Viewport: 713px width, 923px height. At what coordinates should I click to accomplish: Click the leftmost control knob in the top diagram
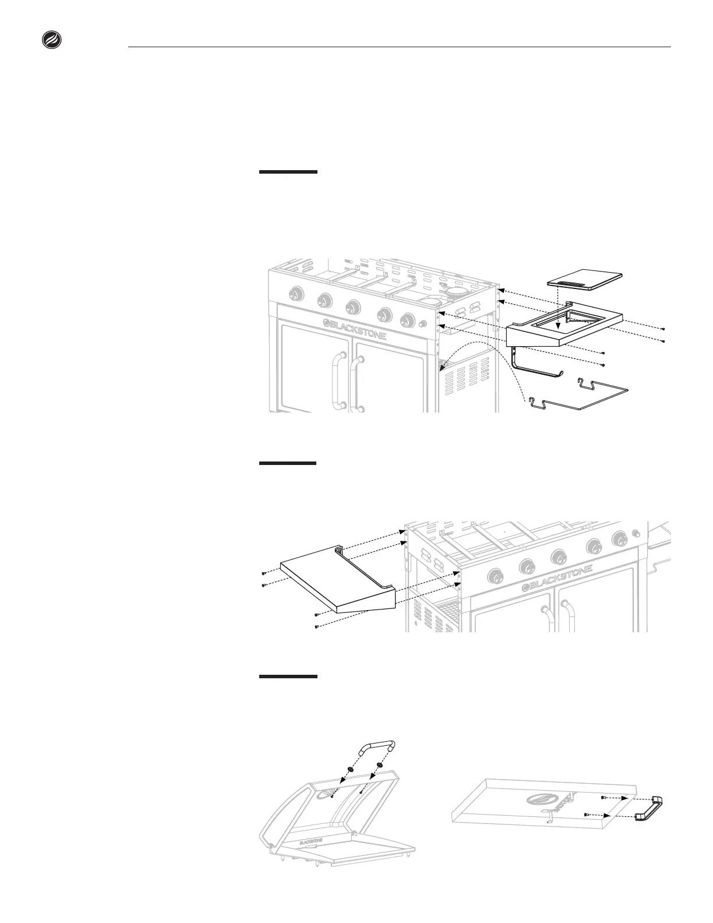click(x=295, y=294)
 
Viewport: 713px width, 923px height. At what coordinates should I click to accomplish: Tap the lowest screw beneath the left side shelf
click(x=315, y=626)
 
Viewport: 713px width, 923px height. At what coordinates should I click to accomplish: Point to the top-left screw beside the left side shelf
click(x=263, y=573)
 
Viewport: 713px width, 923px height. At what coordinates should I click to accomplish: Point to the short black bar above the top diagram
click(x=288, y=172)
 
